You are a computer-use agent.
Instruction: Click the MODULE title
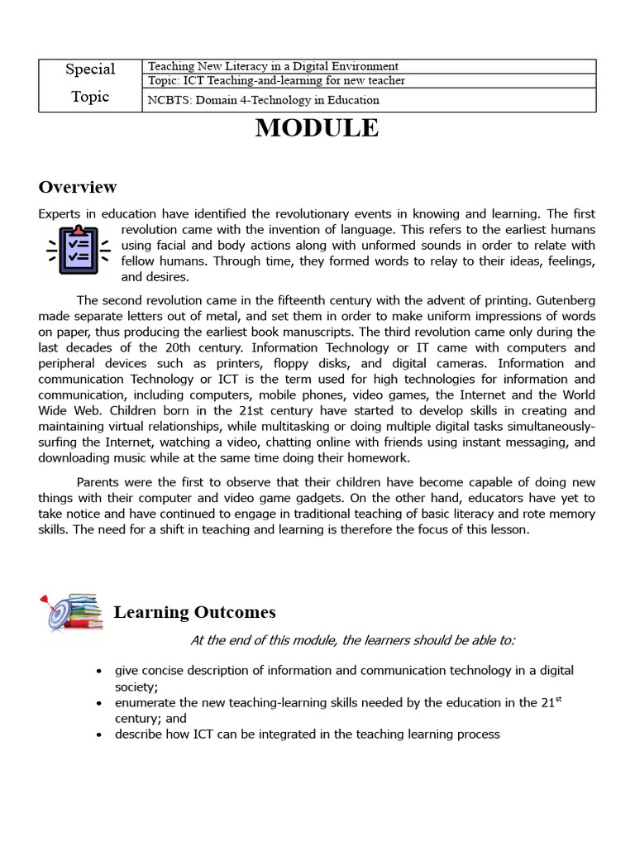pos(317,129)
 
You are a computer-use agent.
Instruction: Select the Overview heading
pos(78,187)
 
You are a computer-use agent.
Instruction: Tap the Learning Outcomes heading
pos(194,612)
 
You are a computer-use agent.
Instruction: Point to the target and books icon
pos(70,612)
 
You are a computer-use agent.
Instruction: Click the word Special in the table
pos(90,69)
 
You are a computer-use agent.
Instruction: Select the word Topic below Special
pos(90,97)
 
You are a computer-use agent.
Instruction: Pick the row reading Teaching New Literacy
pos(273,66)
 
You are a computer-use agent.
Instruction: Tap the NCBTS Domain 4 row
pos(263,100)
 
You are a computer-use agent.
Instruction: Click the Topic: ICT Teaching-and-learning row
pos(276,80)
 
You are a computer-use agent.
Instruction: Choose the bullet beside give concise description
pos(99,671)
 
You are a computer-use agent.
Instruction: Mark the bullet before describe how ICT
pos(99,735)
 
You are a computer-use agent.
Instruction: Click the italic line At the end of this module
pos(351,640)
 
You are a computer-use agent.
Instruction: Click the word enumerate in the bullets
pos(147,703)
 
